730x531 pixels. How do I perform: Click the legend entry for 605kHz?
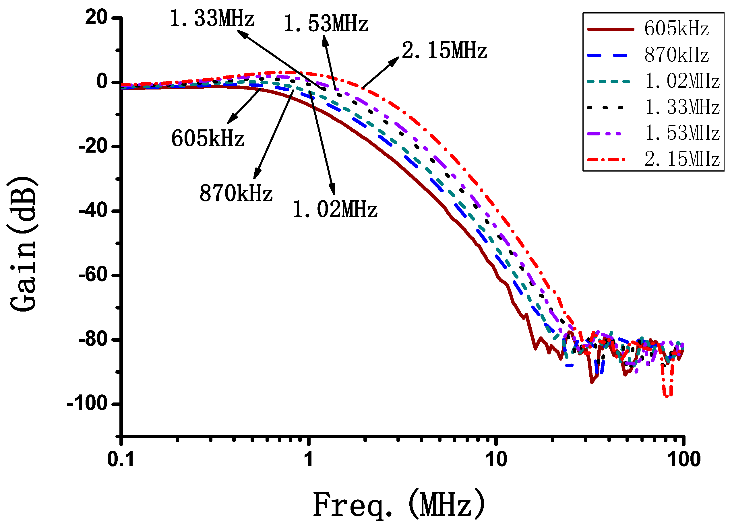(x=677, y=29)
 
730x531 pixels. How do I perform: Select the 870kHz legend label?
(x=677, y=55)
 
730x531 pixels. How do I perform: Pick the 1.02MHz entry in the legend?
(x=682, y=81)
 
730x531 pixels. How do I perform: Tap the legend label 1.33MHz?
(x=682, y=107)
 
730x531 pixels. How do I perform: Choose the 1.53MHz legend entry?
(x=682, y=133)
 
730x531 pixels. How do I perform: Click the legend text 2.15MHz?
(x=682, y=159)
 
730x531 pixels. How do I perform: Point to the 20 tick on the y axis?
(x=96, y=17)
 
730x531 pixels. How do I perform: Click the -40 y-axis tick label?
(x=93, y=211)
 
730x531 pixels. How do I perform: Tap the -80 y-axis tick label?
(x=93, y=339)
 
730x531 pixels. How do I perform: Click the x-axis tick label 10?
(x=496, y=459)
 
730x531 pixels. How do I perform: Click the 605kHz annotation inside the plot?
(x=208, y=139)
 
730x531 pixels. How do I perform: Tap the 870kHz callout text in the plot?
(x=236, y=194)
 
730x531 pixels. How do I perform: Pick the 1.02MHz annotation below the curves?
(x=335, y=210)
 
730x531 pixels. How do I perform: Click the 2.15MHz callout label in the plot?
(x=444, y=51)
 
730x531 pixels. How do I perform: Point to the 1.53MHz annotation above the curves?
(x=326, y=24)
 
